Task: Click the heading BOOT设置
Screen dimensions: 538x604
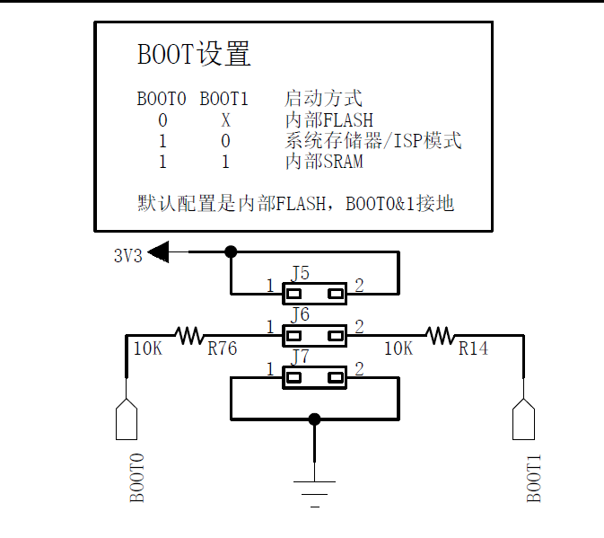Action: [193, 54]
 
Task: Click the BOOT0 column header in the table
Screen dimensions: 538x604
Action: [161, 98]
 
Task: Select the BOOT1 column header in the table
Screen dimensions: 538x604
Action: [223, 98]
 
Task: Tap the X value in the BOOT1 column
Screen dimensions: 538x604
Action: [225, 119]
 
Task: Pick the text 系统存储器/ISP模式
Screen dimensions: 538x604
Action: [372, 141]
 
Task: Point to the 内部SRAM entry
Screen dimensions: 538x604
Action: [324, 162]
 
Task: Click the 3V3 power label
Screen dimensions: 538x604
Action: [127, 255]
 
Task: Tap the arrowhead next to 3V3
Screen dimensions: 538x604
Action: [160, 252]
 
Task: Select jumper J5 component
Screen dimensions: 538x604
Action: [314, 293]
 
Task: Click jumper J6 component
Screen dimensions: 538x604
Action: [314, 336]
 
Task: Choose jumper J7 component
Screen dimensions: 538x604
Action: [314, 377]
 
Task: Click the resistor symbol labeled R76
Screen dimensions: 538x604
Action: [189, 336]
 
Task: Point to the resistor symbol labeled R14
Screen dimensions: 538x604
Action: [440, 336]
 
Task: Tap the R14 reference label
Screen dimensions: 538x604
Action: [473, 348]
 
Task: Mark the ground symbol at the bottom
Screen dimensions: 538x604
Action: [314, 490]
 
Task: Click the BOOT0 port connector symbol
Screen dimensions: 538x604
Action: [127, 420]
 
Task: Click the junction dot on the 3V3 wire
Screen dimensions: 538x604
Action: [231, 252]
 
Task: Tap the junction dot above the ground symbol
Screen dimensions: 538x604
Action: [314, 419]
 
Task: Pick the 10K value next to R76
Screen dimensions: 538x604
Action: [148, 348]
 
